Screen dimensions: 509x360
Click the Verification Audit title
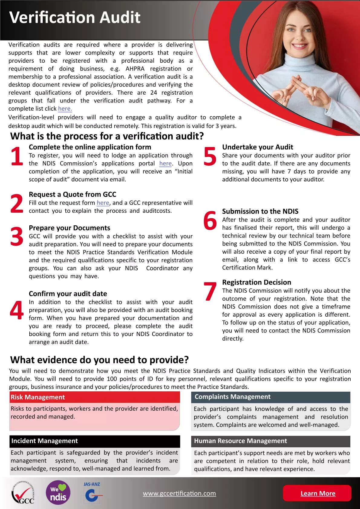click(x=75, y=18)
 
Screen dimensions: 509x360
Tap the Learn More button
click(x=317, y=493)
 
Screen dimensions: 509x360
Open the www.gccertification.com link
click(x=179, y=493)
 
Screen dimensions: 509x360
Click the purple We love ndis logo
click(x=58, y=493)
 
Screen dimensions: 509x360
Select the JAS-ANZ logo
click(x=92, y=492)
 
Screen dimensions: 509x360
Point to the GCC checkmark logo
click(x=23, y=493)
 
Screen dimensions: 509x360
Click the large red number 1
click(x=17, y=156)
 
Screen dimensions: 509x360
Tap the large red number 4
click(x=17, y=310)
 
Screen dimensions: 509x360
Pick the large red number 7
click(x=210, y=292)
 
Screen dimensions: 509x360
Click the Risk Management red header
click(x=95, y=397)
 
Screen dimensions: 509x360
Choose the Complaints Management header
click(x=270, y=397)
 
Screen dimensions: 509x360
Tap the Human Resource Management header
click(x=270, y=441)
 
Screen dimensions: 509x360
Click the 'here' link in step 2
click(x=103, y=203)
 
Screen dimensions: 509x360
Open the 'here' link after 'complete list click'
click(x=65, y=109)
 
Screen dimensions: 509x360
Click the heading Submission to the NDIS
click(x=260, y=211)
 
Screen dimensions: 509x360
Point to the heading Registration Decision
click(x=257, y=282)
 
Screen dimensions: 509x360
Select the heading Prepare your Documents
click(x=69, y=228)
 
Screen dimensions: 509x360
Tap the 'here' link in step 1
click(x=165, y=164)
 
